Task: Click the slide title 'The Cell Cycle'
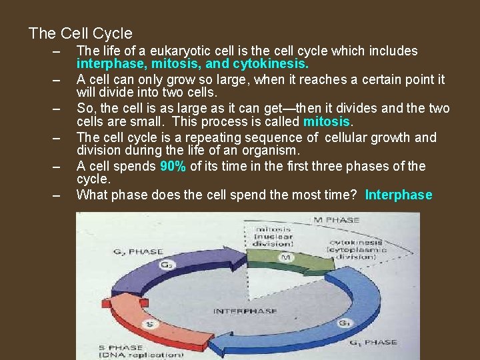81,33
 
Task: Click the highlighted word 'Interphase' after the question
399,195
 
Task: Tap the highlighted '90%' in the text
173,167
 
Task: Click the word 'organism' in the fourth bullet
271,151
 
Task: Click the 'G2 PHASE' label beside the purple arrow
137,252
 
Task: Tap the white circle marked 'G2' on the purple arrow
166,265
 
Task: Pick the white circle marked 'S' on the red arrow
151,325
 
